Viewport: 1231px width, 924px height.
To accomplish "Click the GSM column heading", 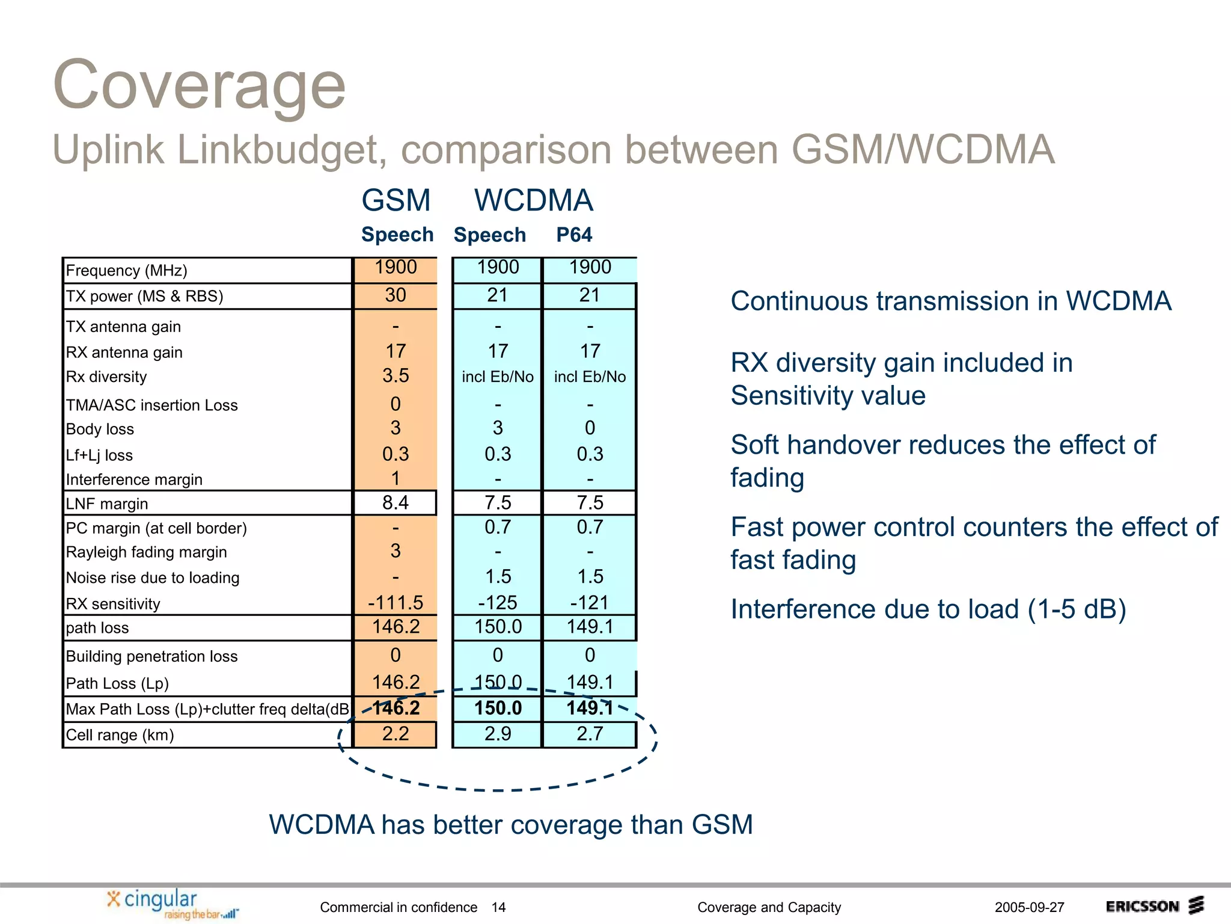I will [396, 200].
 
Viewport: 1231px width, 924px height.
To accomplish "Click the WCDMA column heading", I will [533, 200].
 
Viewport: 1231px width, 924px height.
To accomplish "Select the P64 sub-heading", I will [573, 235].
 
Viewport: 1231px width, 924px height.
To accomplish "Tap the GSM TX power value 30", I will [396, 295].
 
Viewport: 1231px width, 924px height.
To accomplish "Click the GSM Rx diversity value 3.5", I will [396, 376].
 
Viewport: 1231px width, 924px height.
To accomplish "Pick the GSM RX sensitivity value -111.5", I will [396, 602].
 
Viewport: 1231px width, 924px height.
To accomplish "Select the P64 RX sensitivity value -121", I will [590, 602].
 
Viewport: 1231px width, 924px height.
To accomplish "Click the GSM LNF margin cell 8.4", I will [396, 503].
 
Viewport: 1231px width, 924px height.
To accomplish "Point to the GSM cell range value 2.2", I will [396, 734].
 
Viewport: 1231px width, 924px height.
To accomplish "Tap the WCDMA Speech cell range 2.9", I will [498, 734].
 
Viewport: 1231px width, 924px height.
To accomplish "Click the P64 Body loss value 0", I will [590, 428].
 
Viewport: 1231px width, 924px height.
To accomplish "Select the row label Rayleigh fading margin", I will [146, 552].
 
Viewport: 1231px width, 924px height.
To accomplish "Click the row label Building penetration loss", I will [151, 656].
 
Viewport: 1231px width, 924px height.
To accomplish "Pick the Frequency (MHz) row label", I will [126, 271].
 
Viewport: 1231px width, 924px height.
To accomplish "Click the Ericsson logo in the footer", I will [1154, 906].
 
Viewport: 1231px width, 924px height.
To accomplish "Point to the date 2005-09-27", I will [1029, 907].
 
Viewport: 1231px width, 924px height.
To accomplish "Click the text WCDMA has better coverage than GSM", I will [510, 825].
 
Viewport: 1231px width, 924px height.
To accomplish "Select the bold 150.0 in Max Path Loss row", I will [498, 708].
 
